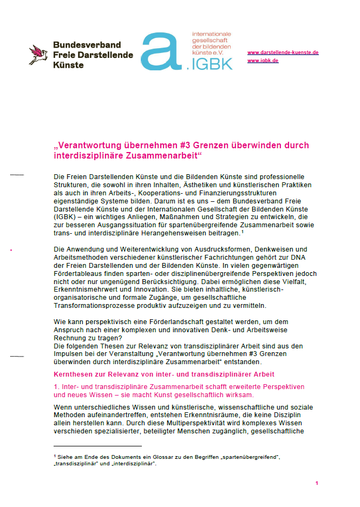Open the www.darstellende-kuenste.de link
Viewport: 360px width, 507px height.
(x=283, y=52)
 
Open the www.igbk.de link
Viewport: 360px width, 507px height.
(x=263, y=61)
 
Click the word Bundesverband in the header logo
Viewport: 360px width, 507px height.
(x=87, y=45)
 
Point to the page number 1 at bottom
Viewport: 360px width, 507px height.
(x=316, y=483)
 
